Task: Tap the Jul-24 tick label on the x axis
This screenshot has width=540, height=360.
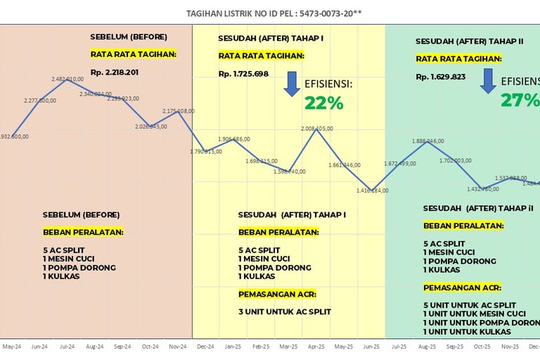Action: pos(67,347)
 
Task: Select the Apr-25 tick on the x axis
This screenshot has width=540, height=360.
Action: pos(316,347)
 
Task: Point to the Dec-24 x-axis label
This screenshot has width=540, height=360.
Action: pos(205,347)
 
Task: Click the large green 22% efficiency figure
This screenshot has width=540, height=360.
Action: pos(323,103)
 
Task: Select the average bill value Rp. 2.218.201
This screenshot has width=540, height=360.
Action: pos(115,72)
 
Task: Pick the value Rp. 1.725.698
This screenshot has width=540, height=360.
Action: pos(243,74)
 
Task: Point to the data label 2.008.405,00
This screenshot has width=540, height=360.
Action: pos(316,129)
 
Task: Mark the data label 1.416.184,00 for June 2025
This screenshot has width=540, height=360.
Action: pos(372,191)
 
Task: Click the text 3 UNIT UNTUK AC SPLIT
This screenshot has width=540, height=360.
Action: pos(284,311)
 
